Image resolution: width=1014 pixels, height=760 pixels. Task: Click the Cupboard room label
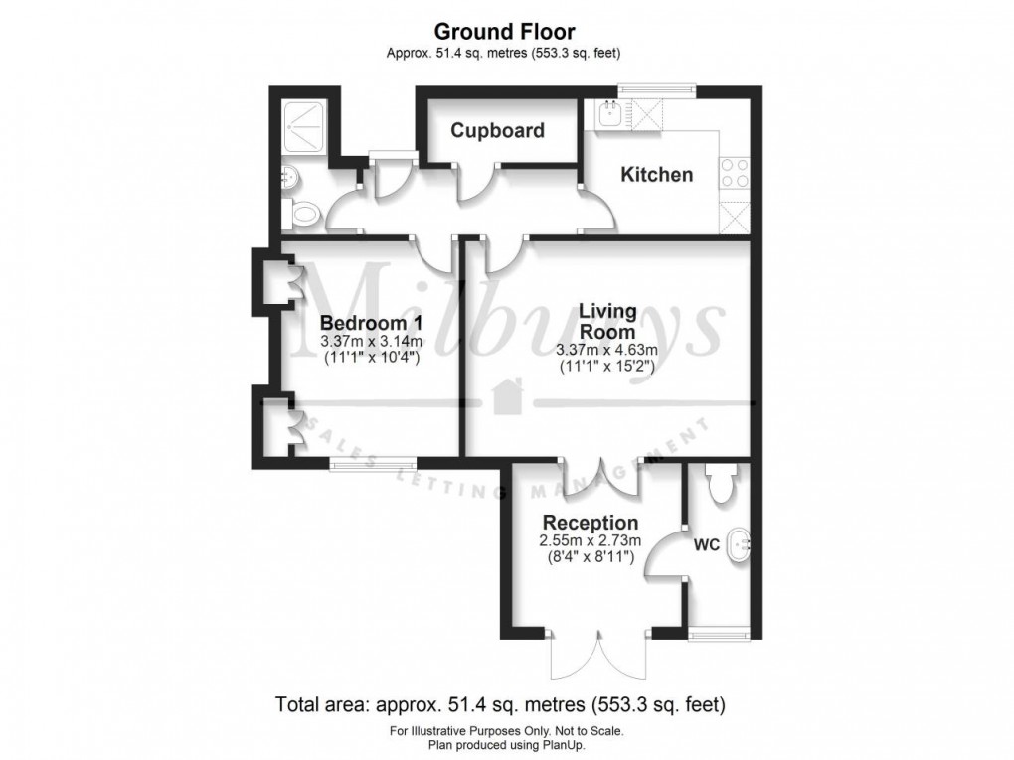pos(497,130)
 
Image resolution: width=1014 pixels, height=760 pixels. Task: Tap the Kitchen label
pos(656,175)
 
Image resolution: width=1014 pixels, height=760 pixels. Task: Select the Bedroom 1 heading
pos(372,323)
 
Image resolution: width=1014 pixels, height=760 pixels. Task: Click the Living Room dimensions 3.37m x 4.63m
pos(607,351)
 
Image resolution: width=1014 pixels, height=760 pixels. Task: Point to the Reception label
pos(591,523)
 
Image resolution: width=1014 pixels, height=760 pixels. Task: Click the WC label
pos(707,545)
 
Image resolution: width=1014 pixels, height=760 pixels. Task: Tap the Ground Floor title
pos(504,31)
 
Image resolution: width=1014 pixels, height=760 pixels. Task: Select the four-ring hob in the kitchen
pos(735,173)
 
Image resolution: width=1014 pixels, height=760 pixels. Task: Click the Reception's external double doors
pos(598,654)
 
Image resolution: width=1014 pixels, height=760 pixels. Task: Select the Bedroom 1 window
pos(373,463)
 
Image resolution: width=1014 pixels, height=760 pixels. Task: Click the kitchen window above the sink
pos(657,90)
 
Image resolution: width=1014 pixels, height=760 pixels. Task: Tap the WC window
pos(720,633)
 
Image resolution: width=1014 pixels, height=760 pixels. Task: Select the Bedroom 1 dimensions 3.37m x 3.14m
pos(372,341)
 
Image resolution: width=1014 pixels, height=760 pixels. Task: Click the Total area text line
pos(500,703)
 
